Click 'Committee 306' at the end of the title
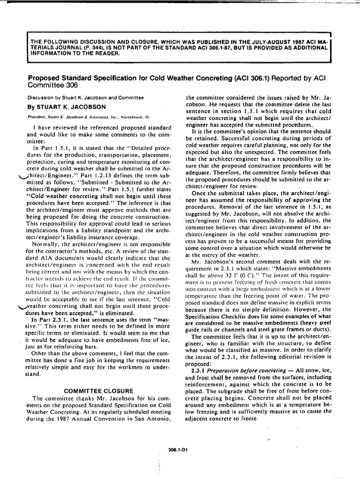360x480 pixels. [x=52, y=85]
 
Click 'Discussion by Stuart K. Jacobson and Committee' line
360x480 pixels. [x=85, y=97]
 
